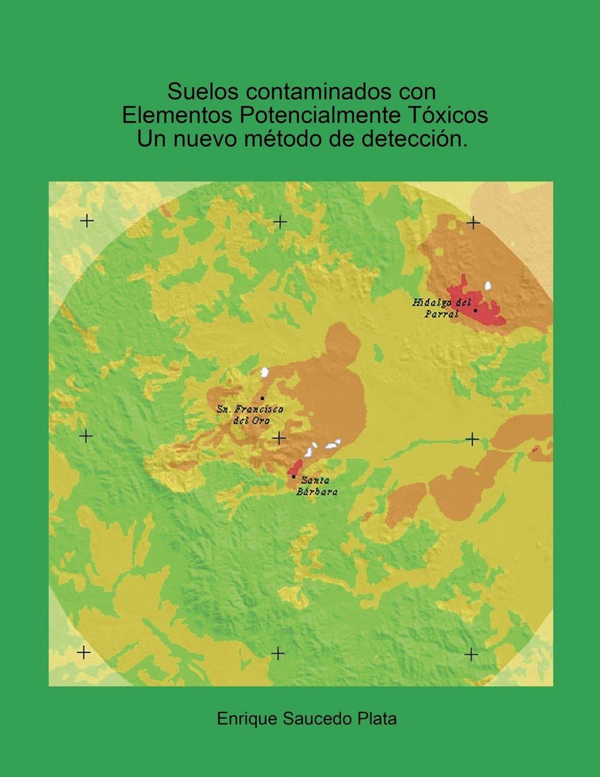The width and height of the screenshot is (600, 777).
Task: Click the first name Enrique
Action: (247, 719)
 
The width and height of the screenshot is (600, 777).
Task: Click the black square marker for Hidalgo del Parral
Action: (475, 310)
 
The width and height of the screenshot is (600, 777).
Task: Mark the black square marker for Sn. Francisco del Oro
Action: (262, 398)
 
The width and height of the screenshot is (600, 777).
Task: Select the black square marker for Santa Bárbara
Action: (293, 476)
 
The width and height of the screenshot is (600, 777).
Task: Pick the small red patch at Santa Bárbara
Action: (297, 466)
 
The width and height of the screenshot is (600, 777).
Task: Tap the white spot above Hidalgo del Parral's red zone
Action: (488, 285)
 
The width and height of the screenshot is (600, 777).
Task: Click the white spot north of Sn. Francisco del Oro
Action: (264, 373)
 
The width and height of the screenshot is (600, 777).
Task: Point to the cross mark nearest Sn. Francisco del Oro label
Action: (279, 438)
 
